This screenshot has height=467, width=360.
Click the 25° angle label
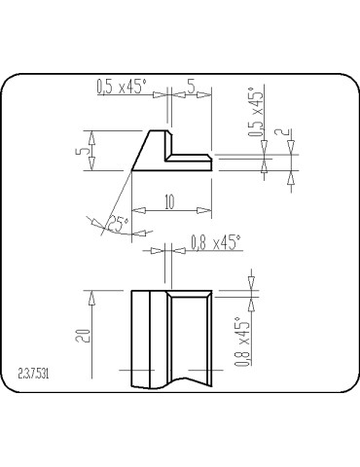pos(118,223)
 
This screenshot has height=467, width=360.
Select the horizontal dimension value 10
pos(169,201)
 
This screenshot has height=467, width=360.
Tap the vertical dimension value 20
pos(85,336)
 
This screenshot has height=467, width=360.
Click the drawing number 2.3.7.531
pos(35,374)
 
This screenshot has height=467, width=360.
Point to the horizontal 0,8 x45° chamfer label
pos(214,240)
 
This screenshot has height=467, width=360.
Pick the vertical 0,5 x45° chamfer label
pos(256,114)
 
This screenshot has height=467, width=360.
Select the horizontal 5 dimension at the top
pos(191,87)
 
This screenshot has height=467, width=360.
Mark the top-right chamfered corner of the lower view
pos(210,292)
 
